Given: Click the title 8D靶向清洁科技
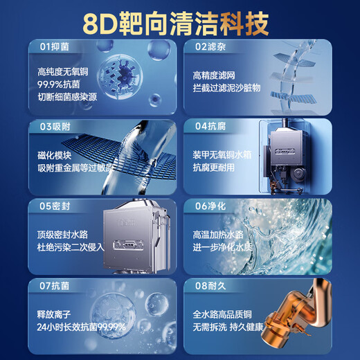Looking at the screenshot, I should tap(180, 21).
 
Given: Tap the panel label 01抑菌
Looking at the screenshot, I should tap(54, 47).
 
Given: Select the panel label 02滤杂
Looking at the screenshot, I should tap(208, 47).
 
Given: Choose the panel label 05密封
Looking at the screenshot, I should tap(54, 206).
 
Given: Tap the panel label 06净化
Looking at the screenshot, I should tap(208, 206).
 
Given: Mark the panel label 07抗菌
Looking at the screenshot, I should tap(54, 285).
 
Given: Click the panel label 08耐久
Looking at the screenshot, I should tap(208, 285).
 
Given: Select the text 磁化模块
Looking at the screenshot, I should tap(54, 156).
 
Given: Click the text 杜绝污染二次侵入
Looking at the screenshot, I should tap(69, 246).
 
